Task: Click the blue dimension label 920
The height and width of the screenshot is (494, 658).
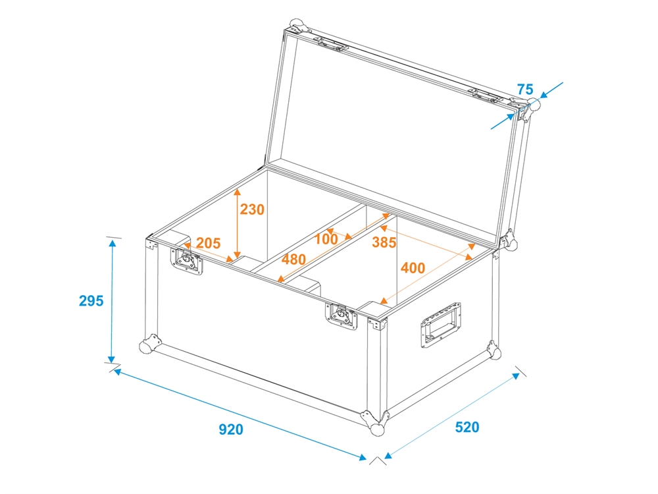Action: tap(231, 429)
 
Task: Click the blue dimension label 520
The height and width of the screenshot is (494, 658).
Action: tap(467, 427)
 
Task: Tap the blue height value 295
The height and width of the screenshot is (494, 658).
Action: tap(91, 301)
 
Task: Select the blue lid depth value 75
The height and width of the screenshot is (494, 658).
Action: tap(525, 90)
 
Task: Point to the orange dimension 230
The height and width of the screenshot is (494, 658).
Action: tap(252, 209)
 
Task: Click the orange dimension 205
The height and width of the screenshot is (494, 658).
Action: tap(208, 243)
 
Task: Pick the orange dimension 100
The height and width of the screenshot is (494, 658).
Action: tap(326, 239)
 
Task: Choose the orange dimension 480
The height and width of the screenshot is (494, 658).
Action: tap(293, 260)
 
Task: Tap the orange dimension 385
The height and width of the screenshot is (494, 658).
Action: tap(384, 242)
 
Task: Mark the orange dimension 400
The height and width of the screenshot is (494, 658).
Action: tap(413, 268)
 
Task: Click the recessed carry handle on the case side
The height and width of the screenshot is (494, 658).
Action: tap(441, 324)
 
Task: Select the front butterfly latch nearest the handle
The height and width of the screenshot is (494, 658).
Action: tap(342, 316)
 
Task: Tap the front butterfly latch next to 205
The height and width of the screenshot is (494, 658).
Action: tap(186, 261)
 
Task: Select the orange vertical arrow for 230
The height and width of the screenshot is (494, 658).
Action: tap(237, 223)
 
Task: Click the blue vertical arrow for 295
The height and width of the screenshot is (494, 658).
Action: tap(112, 302)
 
